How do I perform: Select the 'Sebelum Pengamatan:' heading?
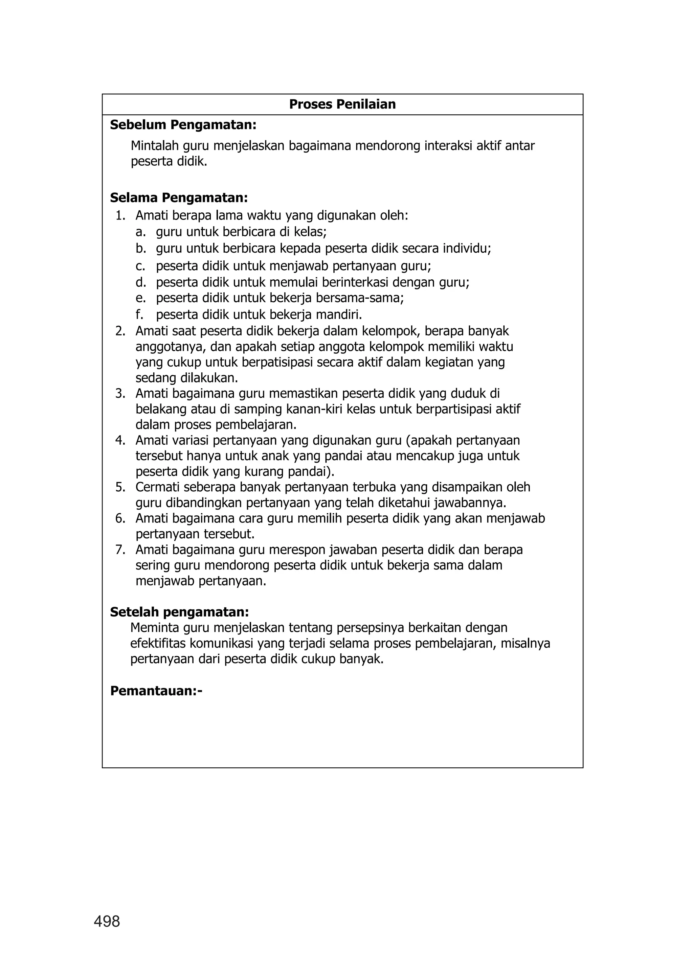coord(183,125)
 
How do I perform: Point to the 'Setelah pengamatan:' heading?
coord(179,612)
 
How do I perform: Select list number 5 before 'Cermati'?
coord(120,487)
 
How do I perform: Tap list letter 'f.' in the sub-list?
coord(139,315)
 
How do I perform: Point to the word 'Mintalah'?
coord(155,146)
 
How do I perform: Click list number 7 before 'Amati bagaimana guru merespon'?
coord(120,550)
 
